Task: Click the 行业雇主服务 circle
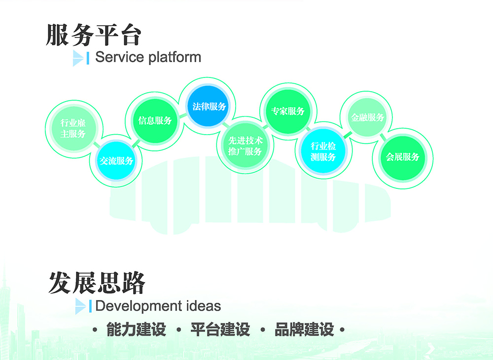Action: point(73,129)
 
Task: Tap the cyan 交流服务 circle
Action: point(117,161)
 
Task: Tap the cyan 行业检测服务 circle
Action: point(323,151)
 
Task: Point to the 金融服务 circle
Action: point(368,117)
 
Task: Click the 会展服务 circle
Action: point(402,157)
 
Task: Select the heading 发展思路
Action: point(97,283)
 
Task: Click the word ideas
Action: point(202,306)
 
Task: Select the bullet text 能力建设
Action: point(136,330)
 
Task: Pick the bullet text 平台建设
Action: point(220,330)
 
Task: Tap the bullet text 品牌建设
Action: point(304,330)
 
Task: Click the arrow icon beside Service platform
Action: point(78,58)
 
